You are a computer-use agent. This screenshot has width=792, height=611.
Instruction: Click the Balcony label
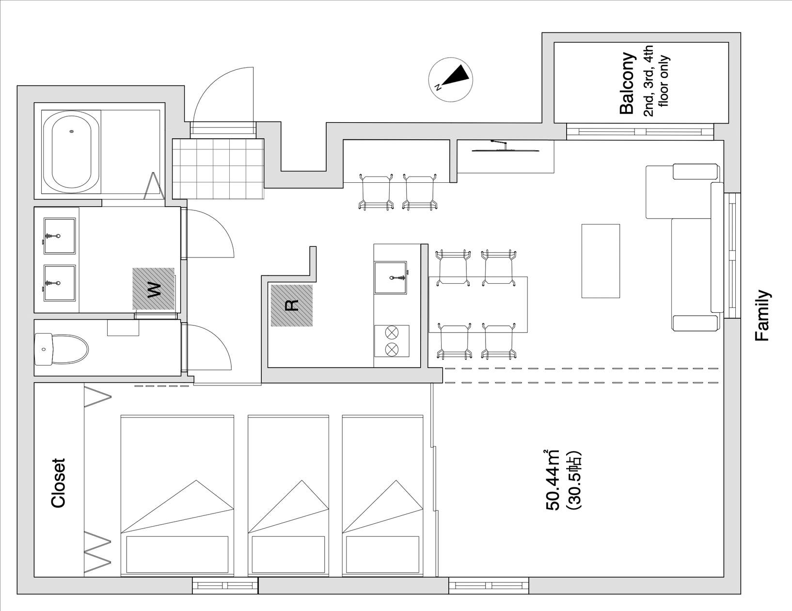(627, 83)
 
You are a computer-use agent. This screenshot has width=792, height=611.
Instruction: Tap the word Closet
(58, 482)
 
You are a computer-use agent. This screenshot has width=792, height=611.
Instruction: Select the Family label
(762, 316)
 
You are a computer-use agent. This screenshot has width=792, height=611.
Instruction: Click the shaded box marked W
(154, 289)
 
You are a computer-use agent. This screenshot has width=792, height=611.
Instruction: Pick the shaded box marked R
(292, 305)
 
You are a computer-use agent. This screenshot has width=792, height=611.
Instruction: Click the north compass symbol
(450, 80)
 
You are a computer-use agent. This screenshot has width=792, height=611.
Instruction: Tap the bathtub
(71, 152)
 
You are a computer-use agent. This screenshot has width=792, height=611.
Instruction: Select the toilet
(61, 349)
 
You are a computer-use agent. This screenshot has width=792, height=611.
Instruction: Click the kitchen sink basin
(391, 277)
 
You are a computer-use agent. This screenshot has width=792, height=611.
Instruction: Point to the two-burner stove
(392, 341)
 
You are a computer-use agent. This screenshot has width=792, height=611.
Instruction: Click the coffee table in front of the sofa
(601, 261)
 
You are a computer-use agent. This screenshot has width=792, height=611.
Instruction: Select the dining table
(478, 305)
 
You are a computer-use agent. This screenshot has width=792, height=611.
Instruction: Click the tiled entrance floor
(218, 169)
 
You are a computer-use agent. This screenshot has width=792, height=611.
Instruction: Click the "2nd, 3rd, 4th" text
(648, 81)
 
